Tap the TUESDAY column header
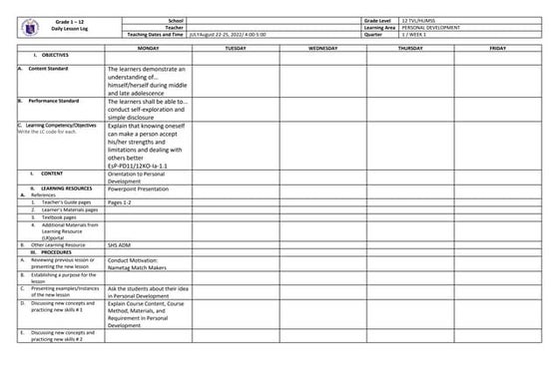click(236, 48)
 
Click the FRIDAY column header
click(497, 48)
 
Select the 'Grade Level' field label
click(382, 20)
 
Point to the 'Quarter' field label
click(376, 35)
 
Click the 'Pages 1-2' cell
click(120, 202)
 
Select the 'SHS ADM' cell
click(120, 244)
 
